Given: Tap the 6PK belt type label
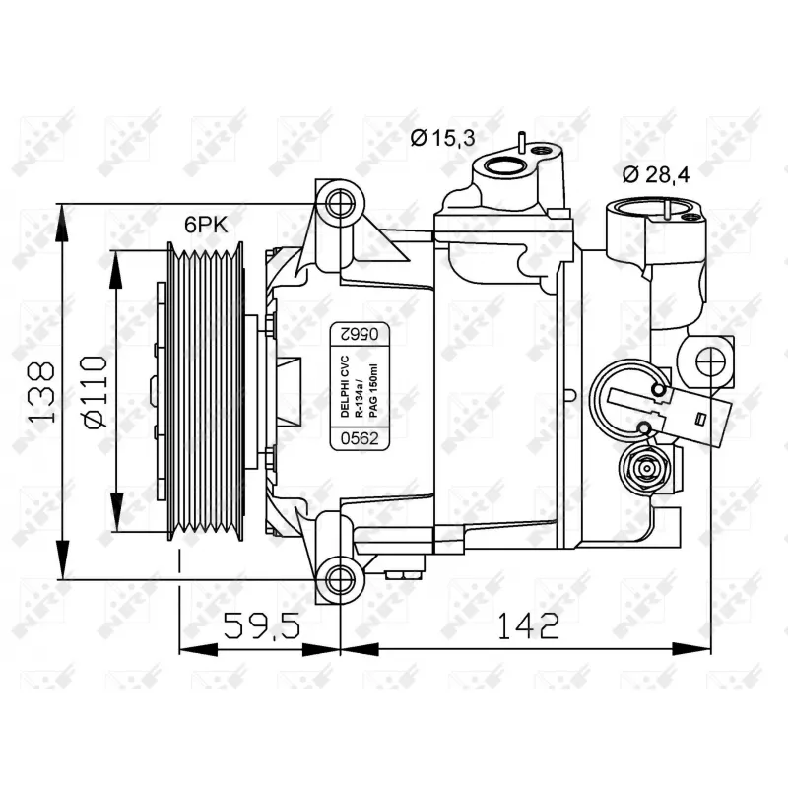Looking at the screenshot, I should (x=206, y=224).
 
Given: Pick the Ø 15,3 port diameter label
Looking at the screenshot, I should (x=442, y=138).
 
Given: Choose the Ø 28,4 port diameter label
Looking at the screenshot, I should (x=656, y=174).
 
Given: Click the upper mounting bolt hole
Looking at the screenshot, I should (x=338, y=205).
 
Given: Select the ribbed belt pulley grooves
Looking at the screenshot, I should (x=205, y=392).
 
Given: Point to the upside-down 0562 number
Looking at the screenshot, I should (x=360, y=334).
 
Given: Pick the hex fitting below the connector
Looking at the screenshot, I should (x=645, y=467).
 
